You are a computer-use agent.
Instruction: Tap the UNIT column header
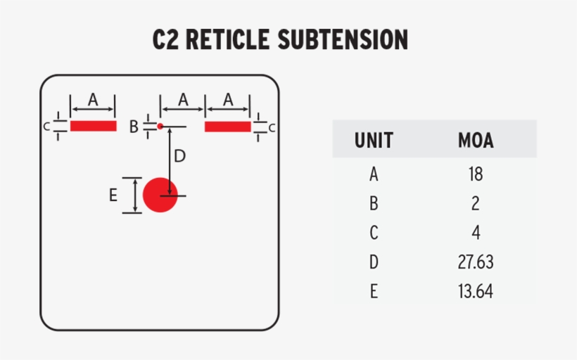click(374, 141)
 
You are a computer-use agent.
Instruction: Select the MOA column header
click(476, 141)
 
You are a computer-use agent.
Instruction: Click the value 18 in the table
click(476, 174)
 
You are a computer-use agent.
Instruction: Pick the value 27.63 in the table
click(476, 262)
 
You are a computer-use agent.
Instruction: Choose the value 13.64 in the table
click(476, 291)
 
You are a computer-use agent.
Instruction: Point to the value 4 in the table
click(476, 233)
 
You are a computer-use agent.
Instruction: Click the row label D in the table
click(374, 262)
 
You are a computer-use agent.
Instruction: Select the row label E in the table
click(374, 291)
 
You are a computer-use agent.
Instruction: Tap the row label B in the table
click(374, 204)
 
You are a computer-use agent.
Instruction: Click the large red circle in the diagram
click(160, 195)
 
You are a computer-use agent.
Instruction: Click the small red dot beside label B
click(160, 127)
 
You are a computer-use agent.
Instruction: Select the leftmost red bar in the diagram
click(93, 127)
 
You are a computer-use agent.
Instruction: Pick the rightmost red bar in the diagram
click(227, 127)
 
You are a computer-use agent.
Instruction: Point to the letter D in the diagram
click(180, 156)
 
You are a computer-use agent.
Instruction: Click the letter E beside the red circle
click(113, 196)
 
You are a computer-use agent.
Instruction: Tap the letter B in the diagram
click(134, 127)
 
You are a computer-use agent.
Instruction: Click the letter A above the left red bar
click(93, 101)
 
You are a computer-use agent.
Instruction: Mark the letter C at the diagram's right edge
click(272, 127)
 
